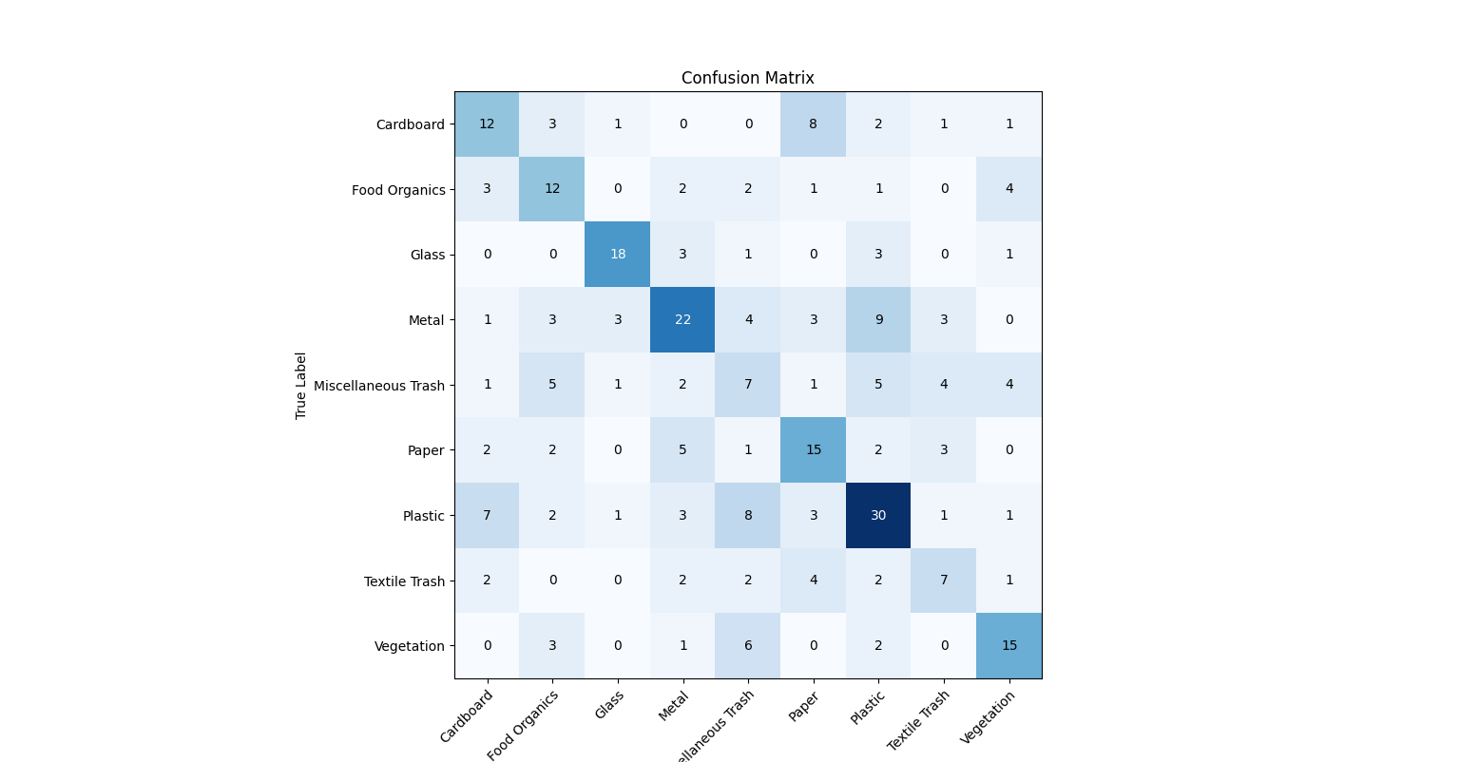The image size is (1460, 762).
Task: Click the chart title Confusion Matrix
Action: [747, 78]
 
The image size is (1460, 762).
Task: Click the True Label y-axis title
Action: [301, 386]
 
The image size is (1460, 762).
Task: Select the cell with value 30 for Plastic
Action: [878, 515]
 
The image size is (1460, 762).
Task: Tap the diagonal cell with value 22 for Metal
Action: [682, 319]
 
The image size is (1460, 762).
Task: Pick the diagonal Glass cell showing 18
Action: [618, 254]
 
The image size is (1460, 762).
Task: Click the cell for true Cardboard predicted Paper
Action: [813, 124]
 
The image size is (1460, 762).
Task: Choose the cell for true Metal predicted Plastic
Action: [878, 319]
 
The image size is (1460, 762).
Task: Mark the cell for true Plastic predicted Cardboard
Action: [487, 515]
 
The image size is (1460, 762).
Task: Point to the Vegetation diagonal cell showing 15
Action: [1009, 645]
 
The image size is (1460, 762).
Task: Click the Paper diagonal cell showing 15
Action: [813, 449]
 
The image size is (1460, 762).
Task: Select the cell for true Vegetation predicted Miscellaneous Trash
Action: [748, 645]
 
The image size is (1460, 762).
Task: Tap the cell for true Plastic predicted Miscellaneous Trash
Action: [748, 515]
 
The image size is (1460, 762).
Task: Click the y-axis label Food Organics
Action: [398, 190]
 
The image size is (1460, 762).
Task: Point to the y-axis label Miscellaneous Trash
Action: [379, 386]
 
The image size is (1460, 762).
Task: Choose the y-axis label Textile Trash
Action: [404, 581]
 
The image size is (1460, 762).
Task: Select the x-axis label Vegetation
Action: [989, 717]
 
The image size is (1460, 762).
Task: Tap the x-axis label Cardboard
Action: [467, 716]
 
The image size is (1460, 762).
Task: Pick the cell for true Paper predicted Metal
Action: [682, 449]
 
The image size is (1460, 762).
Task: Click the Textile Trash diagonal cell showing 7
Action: [943, 581]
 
